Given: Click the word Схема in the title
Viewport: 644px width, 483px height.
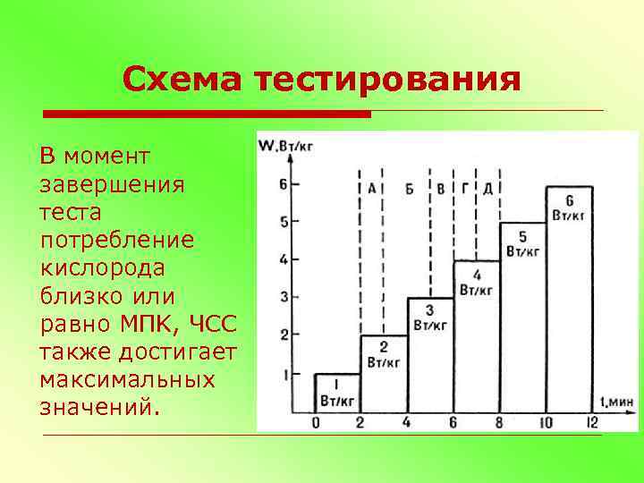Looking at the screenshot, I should coord(183,80).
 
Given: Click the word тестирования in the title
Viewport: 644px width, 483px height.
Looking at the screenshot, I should coord(387,80).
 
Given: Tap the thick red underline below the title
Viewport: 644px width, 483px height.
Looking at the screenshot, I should coord(208,114).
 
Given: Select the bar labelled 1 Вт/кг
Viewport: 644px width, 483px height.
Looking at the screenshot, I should coord(336,393).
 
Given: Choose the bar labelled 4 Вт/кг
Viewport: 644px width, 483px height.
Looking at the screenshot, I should coord(476,336).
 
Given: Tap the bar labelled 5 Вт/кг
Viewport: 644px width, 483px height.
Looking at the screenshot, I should coord(522,318).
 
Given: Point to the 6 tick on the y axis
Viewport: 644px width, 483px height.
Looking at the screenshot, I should coord(284,185).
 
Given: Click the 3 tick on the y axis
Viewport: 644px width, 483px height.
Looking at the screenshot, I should coord(284,297).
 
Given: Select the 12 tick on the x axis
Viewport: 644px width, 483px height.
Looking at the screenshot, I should coord(591,423).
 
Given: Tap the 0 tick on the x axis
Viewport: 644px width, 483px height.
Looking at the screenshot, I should coord(315,423).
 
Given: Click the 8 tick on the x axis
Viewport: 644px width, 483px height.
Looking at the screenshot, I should coord(499,423).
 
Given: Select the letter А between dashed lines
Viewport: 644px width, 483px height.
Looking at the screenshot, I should coord(370,188).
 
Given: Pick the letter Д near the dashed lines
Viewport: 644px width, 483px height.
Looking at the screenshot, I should coord(487,188).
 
